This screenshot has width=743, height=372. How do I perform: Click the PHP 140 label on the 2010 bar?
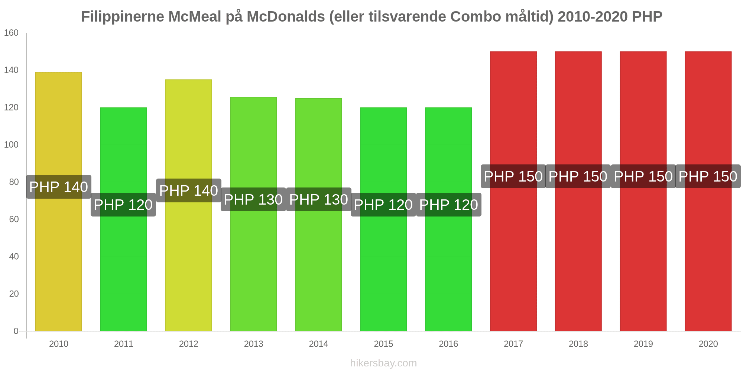tap(59, 187)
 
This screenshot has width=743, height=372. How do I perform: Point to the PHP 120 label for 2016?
tap(448, 205)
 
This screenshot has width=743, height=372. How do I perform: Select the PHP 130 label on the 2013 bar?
tap(253, 199)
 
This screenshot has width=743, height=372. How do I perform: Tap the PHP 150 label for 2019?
tap(643, 176)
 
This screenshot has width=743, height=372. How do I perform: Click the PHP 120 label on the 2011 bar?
tap(123, 205)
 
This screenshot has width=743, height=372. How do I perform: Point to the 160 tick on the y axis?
tap(11, 33)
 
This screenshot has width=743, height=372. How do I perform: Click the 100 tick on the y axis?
tap(11, 145)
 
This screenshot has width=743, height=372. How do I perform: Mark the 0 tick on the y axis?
tap(16, 331)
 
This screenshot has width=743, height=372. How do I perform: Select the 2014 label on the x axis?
tap(318, 344)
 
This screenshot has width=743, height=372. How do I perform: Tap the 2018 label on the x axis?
tap(578, 344)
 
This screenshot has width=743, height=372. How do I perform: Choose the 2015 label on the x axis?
tap(383, 344)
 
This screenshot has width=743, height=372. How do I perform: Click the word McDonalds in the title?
tap(286, 17)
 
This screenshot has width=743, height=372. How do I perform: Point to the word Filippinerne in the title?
tap(123, 17)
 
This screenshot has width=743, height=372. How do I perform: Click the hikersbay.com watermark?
tap(383, 363)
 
